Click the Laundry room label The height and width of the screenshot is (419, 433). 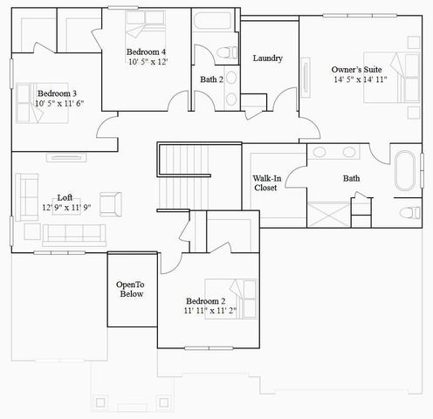[267, 58]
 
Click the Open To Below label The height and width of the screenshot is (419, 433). [131, 290]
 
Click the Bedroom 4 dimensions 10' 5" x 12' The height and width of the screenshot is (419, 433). [147, 62]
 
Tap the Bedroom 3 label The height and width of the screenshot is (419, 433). [57, 93]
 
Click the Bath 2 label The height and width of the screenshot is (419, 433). [212, 79]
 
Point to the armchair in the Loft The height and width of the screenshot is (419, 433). [112, 203]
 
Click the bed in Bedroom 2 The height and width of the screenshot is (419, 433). [230, 292]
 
